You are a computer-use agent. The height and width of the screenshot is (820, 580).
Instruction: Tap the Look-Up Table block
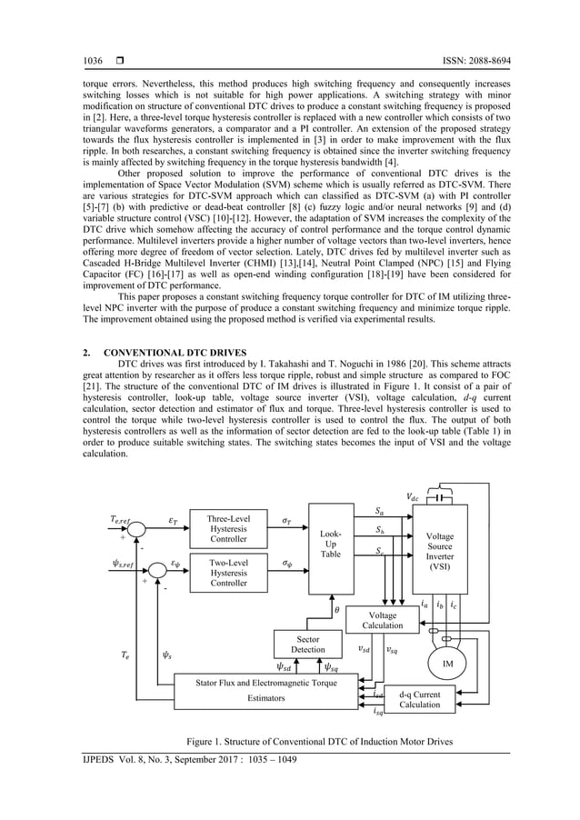click(330, 545)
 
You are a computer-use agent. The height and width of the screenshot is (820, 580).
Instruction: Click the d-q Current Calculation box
click(419, 699)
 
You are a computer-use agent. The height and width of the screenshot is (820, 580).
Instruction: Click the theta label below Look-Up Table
click(337, 609)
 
